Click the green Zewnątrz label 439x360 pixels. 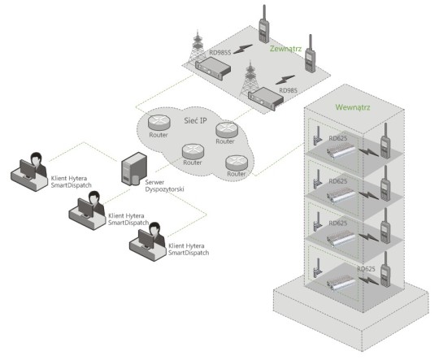coord(285,49)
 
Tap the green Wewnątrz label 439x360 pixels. coord(353,107)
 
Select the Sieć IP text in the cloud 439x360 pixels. coord(195,120)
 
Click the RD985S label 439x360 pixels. coord(220,52)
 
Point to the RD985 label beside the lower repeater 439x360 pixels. coord(288,90)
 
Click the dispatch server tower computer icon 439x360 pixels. coord(134,169)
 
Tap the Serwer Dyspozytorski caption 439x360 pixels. coord(164,185)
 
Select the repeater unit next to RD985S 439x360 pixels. coord(213,68)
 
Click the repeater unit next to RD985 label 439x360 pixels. coord(266,99)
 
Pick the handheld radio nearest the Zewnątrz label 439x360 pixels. coord(310,54)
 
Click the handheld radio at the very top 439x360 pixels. coord(263,24)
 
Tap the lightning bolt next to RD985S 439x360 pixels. coord(243,49)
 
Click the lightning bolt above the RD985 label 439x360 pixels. coord(285,80)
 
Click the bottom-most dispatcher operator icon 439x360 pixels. coord(147,241)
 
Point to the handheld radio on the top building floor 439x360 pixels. coord(385,141)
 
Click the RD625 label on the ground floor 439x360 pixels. coord(366,269)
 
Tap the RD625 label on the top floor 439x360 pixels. coord(338,138)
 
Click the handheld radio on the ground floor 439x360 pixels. coord(385,269)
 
